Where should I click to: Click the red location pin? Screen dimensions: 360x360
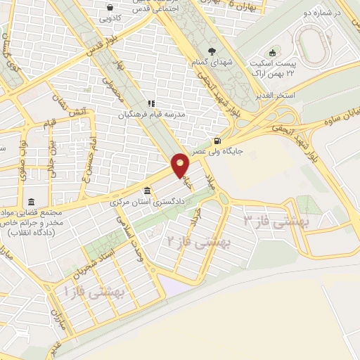click(181, 164)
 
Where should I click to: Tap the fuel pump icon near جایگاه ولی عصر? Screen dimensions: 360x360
click(224, 120)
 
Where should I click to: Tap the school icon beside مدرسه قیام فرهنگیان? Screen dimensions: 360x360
click(150, 103)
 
